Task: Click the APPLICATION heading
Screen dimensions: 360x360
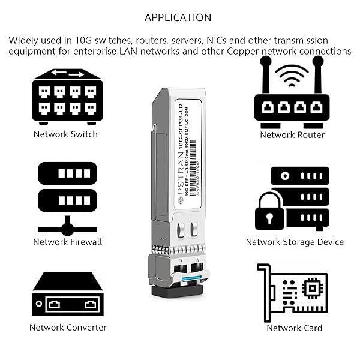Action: pos(178,17)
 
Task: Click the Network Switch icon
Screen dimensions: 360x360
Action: pos(68,96)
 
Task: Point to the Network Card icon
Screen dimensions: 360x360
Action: pos(292,292)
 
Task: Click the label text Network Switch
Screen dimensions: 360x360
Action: pos(65,134)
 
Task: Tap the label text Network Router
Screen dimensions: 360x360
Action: pos(292,135)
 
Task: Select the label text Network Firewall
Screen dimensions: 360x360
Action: pos(68,242)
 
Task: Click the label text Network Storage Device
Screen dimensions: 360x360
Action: pos(295,242)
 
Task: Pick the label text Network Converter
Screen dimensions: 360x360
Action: pos(68,328)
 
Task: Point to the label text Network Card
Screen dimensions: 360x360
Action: pos(295,328)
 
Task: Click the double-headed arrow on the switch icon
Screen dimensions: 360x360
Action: pos(68,74)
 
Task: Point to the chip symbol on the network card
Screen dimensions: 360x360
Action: pos(311,290)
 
